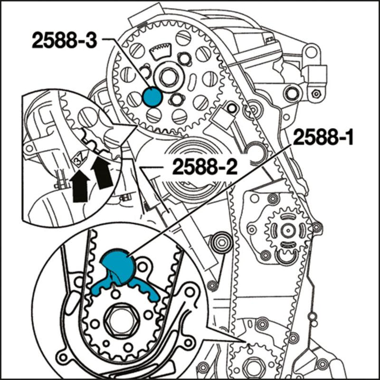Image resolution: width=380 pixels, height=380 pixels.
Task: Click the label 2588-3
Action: click(x=64, y=40)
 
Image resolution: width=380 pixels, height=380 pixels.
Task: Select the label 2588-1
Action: click(x=324, y=139)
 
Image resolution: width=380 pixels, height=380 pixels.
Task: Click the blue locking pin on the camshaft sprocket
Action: click(x=152, y=97)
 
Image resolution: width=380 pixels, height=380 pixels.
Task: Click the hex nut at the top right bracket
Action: click(x=315, y=93)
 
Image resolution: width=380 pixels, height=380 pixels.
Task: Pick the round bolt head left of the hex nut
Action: click(x=291, y=93)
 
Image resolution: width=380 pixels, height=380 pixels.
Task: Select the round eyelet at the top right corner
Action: click(x=312, y=52)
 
